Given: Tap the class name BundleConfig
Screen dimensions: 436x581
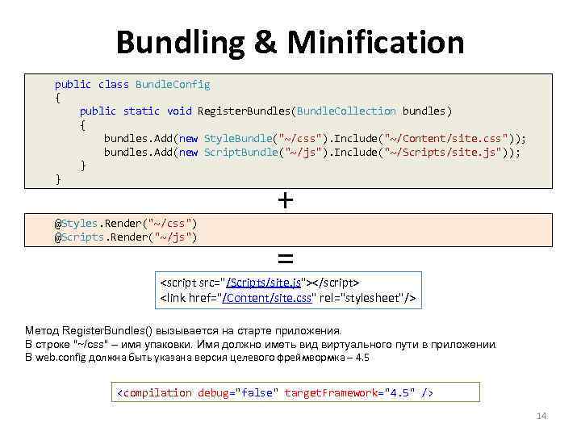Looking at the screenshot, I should (173, 84).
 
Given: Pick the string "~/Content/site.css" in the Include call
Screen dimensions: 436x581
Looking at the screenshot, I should (449, 138).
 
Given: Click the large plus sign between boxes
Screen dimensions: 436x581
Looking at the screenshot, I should (285, 199).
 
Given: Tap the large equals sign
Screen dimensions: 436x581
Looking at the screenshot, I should (285, 258).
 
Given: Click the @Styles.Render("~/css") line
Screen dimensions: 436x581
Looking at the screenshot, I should (126, 223).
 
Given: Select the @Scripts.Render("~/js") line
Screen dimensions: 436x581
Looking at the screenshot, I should (126, 237).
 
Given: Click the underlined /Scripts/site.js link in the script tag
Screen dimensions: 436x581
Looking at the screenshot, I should (264, 283).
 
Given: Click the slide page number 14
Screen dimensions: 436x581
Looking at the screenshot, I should (541, 416).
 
